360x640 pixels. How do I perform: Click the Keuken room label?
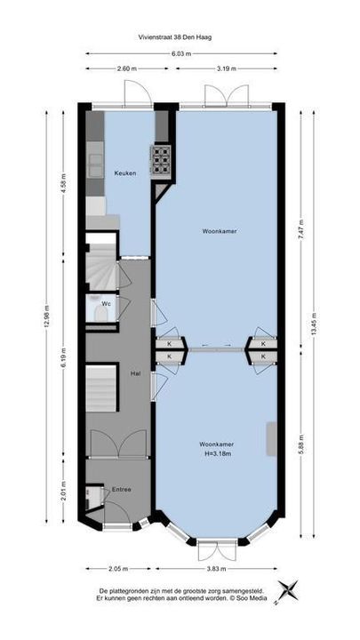click(x=125, y=173)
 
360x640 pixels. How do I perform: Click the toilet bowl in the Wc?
click(x=100, y=315)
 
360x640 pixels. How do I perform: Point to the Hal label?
click(x=135, y=373)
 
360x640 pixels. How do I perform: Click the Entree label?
click(x=122, y=490)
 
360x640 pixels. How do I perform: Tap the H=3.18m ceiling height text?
click(x=217, y=453)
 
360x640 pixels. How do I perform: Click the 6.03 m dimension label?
click(x=182, y=53)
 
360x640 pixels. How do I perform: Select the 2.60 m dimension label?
click(x=126, y=68)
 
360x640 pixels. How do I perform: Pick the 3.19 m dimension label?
click(x=227, y=68)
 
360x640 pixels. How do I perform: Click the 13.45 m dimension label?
click(x=314, y=324)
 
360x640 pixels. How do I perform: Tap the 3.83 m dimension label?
click(x=218, y=569)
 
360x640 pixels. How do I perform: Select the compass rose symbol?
click(x=288, y=590)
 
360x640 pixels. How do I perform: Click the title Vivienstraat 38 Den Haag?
click(x=175, y=36)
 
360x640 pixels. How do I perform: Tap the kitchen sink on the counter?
click(x=94, y=165)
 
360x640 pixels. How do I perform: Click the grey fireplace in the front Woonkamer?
click(x=271, y=439)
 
